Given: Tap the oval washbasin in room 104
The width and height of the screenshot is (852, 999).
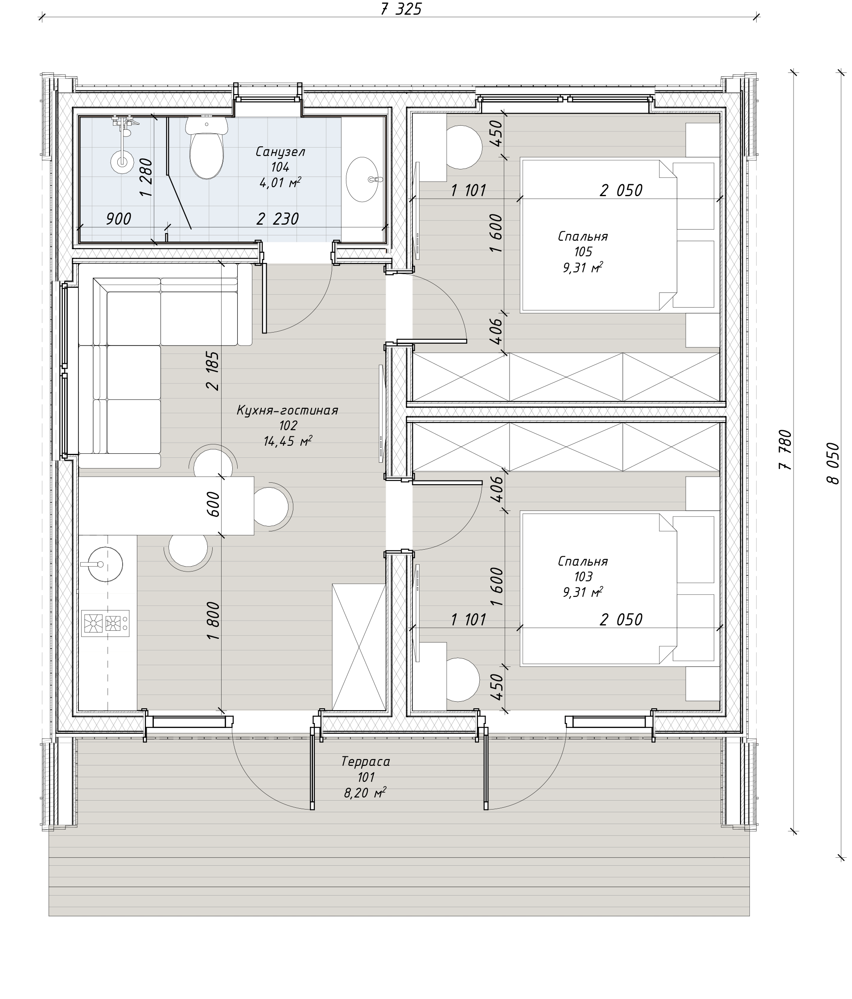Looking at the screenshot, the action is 362,179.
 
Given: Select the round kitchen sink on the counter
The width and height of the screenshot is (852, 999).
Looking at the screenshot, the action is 106,563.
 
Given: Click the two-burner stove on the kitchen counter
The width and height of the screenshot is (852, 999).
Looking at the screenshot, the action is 105,623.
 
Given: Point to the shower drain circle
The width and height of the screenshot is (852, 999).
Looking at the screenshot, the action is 122,161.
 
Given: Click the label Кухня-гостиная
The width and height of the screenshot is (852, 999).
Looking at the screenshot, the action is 288,410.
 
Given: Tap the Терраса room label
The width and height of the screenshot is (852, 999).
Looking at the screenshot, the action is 366,761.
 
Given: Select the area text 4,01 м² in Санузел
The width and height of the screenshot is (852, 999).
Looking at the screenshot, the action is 280,182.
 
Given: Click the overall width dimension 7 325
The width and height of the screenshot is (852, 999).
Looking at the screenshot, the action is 401,9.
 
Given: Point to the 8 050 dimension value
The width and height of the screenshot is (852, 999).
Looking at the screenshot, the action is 833,463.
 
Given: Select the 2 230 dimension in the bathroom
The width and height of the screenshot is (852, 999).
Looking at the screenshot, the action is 277,219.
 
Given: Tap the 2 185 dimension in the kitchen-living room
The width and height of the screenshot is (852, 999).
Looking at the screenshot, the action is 212,370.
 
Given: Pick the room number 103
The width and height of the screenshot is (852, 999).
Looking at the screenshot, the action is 583,576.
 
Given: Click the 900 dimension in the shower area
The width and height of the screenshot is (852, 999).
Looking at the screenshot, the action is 118,219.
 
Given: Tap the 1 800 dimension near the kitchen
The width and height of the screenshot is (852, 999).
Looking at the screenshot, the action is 213,621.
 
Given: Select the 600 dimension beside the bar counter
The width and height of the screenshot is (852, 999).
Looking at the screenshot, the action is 213,504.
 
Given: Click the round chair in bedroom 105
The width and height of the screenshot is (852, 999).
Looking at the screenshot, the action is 461,147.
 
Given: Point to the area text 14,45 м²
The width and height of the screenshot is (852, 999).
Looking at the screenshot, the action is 288,441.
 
